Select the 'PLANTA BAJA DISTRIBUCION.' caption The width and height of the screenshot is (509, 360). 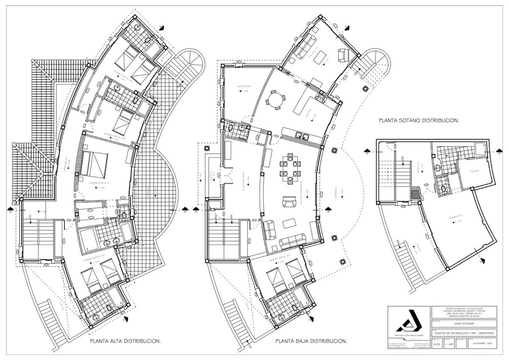[x=311, y=341]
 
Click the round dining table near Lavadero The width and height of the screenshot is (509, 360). [x=275, y=100]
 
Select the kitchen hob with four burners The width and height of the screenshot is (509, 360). [x=320, y=99]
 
